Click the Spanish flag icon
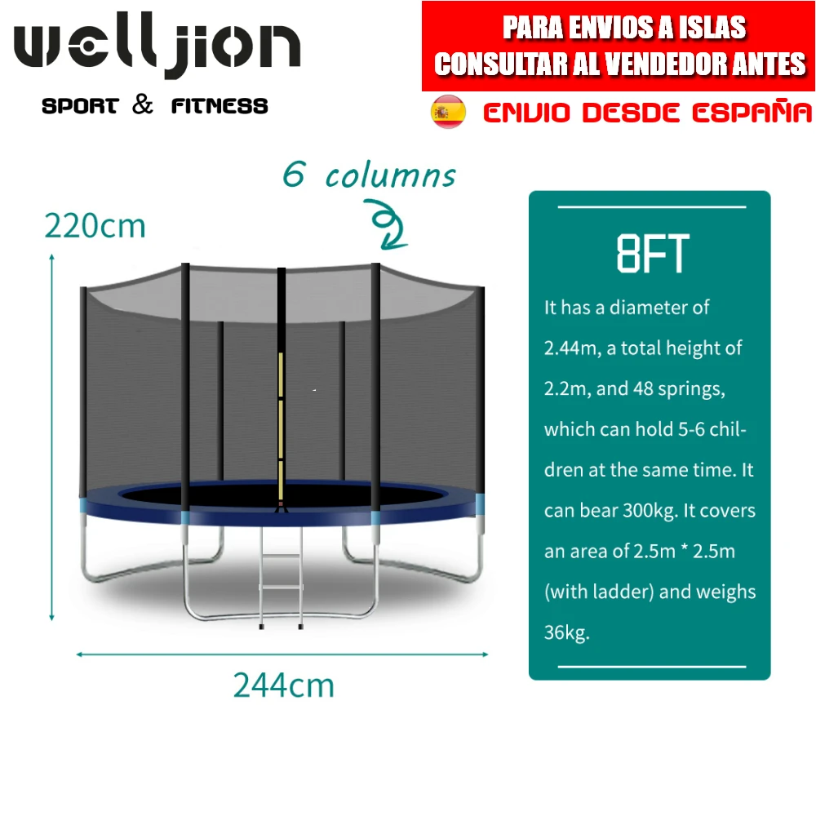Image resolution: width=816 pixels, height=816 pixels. click(x=448, y=112)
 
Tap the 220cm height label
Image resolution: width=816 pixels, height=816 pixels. click(x=95, y=225)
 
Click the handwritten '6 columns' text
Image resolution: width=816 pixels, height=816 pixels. click(x=369, y=175)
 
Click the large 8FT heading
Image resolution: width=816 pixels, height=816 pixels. click(x=652, y=254)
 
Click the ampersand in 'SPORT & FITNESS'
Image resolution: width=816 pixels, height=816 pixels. click(x=143, y=104)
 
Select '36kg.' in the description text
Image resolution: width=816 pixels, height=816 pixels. click(x=566, y=632)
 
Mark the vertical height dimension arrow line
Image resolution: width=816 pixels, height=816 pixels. click(x=52, y=437)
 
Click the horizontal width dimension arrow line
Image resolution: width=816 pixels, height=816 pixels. click(x=282, y=654)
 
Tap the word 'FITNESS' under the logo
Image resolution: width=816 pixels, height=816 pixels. click(x=220, y=106)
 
